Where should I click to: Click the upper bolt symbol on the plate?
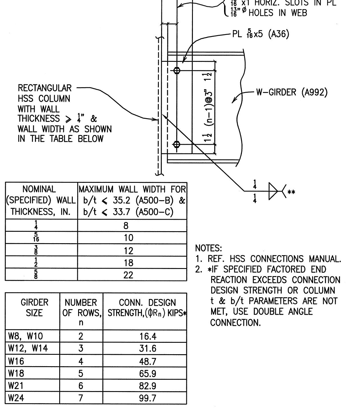pyautogui.click(x=177, y=70)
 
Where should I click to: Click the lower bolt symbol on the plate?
pyautogui.click(x=177, y=144)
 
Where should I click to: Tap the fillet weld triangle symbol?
pyautogui.click(x=273, y=191)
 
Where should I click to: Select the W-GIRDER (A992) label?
pyautogui.click(x=292, y=92)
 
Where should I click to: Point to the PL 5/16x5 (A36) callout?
pyautogui.click(x=260, y=34)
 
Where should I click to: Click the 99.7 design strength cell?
pyautogui.click(x=148, y=398)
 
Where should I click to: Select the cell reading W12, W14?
pyautogui.click(x=28, y=348)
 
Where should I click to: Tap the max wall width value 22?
pyautogui.click(x=128, y=275)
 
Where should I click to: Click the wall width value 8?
pyautogui.click(x=126, y=226)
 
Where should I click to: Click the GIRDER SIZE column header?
pyautogui.click(x=34, y=307)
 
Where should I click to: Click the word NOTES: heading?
pyautogui.click(x=208, y=248)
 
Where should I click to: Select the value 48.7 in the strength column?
pyautogui.click(x=148, y=361)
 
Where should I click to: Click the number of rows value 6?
pyautogui.click(x=81, y=386)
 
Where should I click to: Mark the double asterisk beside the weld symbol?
pyautogui.click(x=291, y=192)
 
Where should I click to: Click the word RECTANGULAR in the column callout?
pyautogui.click(x=45, y=88)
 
